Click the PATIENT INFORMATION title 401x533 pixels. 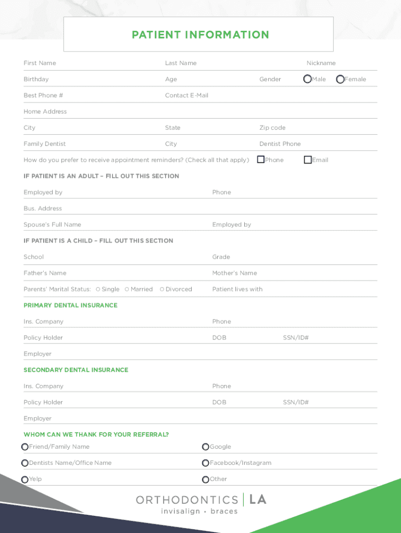pyautogui.click(x=200, y=35)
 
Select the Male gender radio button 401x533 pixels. pyautogui.click(x=308, y=79)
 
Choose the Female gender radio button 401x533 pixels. pyautogui.click(x=340, y=79)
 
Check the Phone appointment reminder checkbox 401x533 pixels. pyautogui.click(x=261, y=160)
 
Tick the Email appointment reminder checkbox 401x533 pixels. pyautogui.click(x=308, y=160)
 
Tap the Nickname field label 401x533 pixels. pyautogui.click(x=321, y=63)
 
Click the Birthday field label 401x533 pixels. pyautogui.click(x=36, y=79)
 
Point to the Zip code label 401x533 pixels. pyautogui.click(x=272, y=128)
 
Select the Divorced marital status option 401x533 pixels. pyautogui.click(x=162, y=289)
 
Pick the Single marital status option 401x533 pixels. pyautogui.click(x=98, y=289)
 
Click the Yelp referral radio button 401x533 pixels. pyautogui.click(x=25, y=479)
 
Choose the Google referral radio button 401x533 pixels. pyautogui.click(x=206, y=447)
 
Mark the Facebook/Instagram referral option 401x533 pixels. pyautogui.click(x=206, y=463)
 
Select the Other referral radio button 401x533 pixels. pyautogui.click(x=206, y=479)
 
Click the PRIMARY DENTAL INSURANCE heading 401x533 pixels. pyautogui.click(x=70, y=306)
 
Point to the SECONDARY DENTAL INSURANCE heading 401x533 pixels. pyautogui.click(x=76, y=370)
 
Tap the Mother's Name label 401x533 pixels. pyautogui.click(x=234, y=273)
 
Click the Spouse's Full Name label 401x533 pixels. pyautogui.click(x=52, y=225)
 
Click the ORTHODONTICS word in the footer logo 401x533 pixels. pyautogui.click(x=187, y=500)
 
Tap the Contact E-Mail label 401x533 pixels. pyautogui.click(x=186, y=95)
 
